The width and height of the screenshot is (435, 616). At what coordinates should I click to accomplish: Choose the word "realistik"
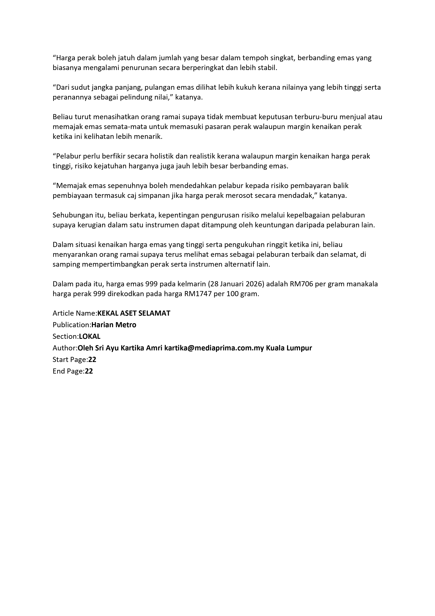(201, 156)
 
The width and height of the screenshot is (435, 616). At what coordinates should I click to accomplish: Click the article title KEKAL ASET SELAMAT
(134, 313)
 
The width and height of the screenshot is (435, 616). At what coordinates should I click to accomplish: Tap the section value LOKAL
(90, 337)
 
